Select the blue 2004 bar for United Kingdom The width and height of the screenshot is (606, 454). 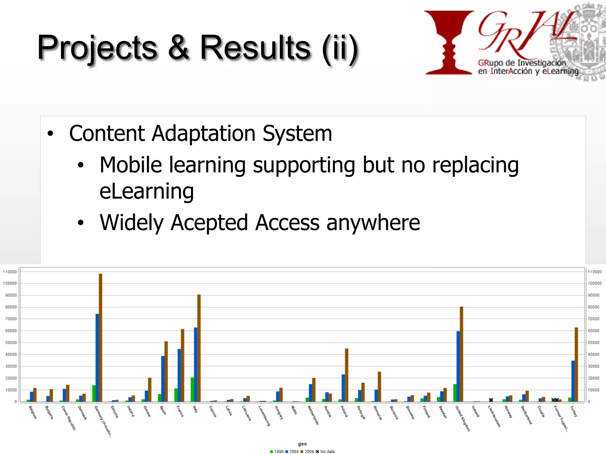[x=458, y=367]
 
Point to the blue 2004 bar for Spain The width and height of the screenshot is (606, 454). [x=163, y=379]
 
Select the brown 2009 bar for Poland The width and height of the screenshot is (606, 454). [x=346, y=375]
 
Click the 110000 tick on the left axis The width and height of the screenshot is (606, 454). [x=10, y=272]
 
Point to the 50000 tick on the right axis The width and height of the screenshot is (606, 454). [x=593, y=343]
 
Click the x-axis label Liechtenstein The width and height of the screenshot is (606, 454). [x=494, y=416]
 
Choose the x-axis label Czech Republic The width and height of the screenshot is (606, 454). [x=68, y=418]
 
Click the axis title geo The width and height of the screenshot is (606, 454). [x=302, y=444]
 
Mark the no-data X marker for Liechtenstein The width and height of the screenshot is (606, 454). [x=491, y=400]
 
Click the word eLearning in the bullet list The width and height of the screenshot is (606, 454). [x=146, y=191]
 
